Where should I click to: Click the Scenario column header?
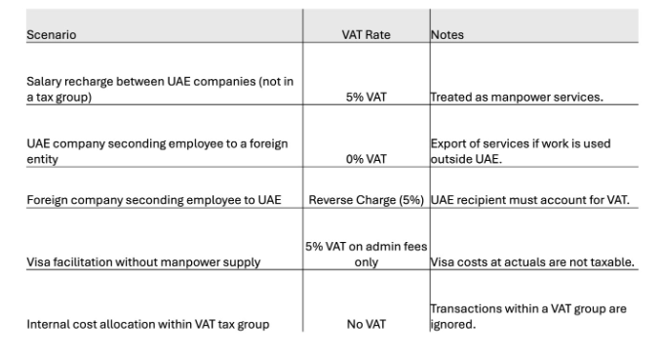point(51,35)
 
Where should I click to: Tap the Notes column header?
point(447,35)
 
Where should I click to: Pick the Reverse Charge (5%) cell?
point(366,200)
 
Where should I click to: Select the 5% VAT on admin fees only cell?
point(366,255)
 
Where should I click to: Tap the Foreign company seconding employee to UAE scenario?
point(153,200)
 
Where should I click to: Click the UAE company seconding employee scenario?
point(156,151)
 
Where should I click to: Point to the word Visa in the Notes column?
point(442,261)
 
